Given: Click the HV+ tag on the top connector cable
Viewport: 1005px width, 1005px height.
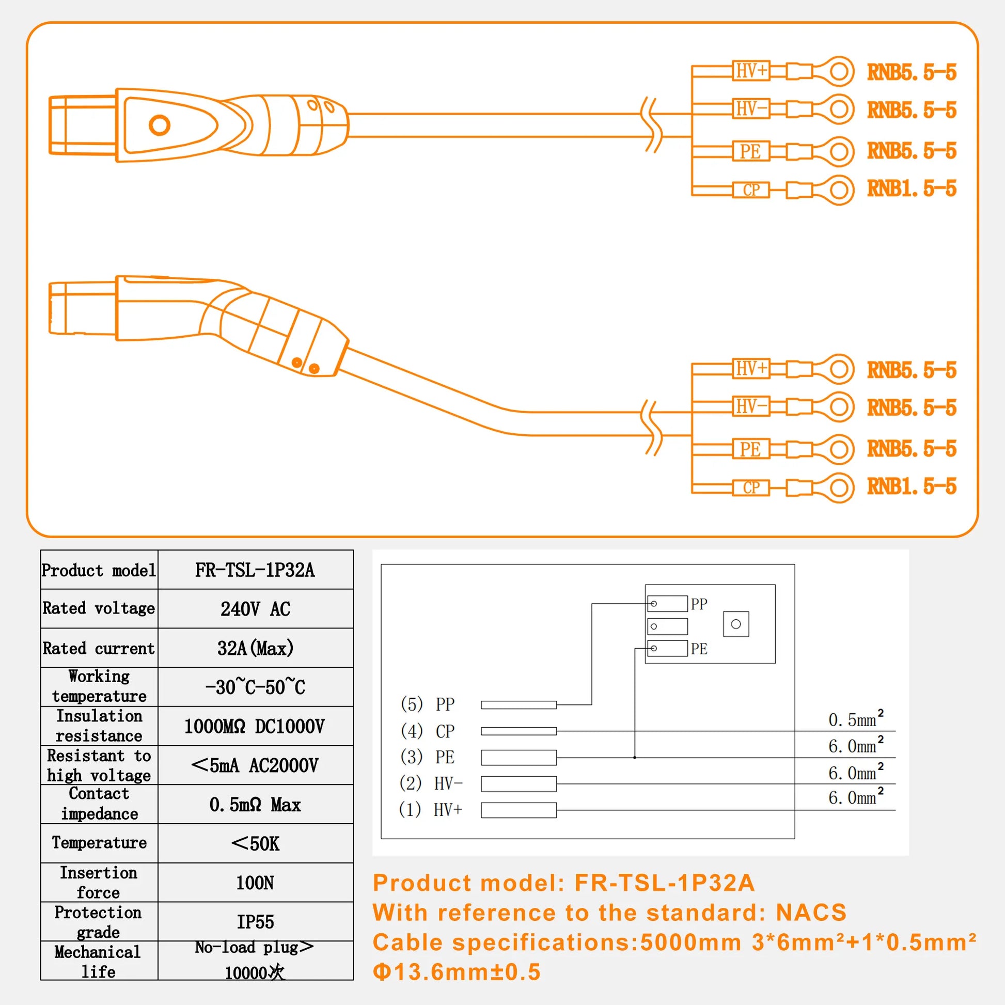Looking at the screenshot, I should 750,71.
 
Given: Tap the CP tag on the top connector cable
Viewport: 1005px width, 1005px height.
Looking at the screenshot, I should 750,190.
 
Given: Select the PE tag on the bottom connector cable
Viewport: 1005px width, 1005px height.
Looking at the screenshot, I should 750,449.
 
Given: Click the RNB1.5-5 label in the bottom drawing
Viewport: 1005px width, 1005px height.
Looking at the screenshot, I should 912,486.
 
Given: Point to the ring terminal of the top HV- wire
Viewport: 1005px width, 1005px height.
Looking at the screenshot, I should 838,109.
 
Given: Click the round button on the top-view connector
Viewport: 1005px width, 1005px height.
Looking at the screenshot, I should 159,125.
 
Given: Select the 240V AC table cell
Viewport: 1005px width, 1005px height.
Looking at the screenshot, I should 255,608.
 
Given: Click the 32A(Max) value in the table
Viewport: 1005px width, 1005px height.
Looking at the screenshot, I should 255,648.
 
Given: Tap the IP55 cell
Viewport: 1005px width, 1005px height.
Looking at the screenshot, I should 255,922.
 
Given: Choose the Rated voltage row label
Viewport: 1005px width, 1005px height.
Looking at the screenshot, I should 99,608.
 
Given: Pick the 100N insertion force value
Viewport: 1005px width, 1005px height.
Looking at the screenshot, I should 255,883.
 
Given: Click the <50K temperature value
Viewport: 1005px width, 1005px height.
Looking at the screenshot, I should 255,844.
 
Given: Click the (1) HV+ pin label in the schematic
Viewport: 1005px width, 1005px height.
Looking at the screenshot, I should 430,809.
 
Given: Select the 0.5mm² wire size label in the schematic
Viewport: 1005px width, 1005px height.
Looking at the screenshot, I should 856,719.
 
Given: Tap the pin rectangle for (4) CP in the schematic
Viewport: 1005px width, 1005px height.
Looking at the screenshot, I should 518,731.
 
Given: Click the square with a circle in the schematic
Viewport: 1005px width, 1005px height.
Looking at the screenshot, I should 735,624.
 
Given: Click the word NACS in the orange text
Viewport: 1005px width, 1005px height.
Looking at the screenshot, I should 811,913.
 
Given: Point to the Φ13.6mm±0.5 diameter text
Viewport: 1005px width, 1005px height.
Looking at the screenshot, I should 457,972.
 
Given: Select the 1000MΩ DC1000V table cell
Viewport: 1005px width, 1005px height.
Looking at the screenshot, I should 255,726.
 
